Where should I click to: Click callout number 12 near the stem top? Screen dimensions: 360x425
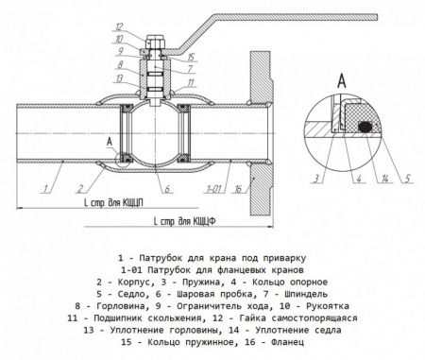[119, 26]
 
